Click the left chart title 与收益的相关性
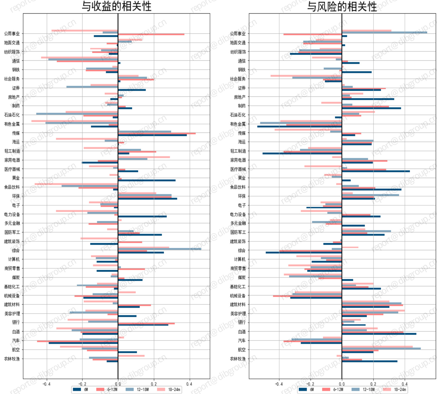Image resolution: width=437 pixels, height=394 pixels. click(117, 6)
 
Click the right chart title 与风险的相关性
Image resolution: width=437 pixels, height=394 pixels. click(342, 6)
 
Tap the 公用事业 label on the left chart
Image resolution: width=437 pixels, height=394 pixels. click(12, 34)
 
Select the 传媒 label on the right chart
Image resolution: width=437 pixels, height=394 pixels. click(242, 133)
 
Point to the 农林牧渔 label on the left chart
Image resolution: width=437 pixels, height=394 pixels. click(12, 359)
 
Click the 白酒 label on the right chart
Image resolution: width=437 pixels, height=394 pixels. click(242, 332)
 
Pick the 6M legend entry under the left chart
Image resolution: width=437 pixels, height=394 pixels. click(81, 389)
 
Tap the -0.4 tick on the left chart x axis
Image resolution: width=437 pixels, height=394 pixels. click(46, 384)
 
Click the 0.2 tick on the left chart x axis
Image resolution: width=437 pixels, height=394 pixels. click(154, 384)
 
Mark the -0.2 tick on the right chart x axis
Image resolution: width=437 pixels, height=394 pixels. click(310, 384)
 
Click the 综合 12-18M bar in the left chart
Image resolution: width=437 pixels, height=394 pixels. click(159, 249)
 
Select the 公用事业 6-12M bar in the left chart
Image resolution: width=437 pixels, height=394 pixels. click(151, 34)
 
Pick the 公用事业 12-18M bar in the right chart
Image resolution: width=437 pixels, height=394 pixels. click(384, 32)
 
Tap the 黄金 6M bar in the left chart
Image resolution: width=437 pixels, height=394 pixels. click(147, 180)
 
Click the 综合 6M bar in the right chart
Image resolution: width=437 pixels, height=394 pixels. click(303, 252)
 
